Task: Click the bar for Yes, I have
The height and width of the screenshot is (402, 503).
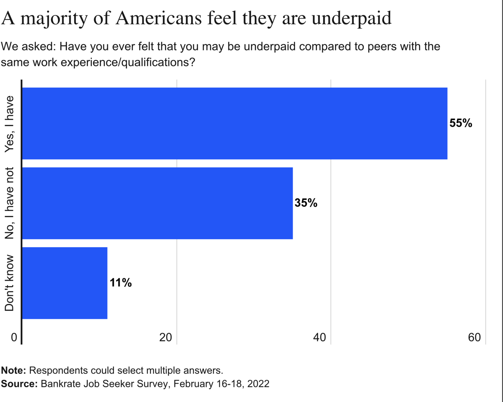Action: (234, 123)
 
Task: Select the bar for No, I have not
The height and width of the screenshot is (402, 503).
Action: (157, 203)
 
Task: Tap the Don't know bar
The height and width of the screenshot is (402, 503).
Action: (65, 283)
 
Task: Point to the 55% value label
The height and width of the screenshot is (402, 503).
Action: (461, 123)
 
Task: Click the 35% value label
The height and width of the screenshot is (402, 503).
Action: (306, 203)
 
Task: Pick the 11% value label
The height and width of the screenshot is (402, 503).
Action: (121, 283)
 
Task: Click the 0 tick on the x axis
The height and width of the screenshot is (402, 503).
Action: (14, 337)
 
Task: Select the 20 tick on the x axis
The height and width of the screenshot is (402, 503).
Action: (166, 337)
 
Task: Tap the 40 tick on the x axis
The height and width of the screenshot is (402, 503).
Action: (320, 337)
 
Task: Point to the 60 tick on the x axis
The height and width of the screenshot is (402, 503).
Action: (474, 337)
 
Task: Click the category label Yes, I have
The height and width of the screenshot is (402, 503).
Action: (9, 124)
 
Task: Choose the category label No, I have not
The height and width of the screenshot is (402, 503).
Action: (9, 203)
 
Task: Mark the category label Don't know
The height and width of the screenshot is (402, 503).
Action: (9, 283)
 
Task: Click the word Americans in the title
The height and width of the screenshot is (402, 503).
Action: (159, 18)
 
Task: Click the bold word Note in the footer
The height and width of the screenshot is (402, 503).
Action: (13, 370)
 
